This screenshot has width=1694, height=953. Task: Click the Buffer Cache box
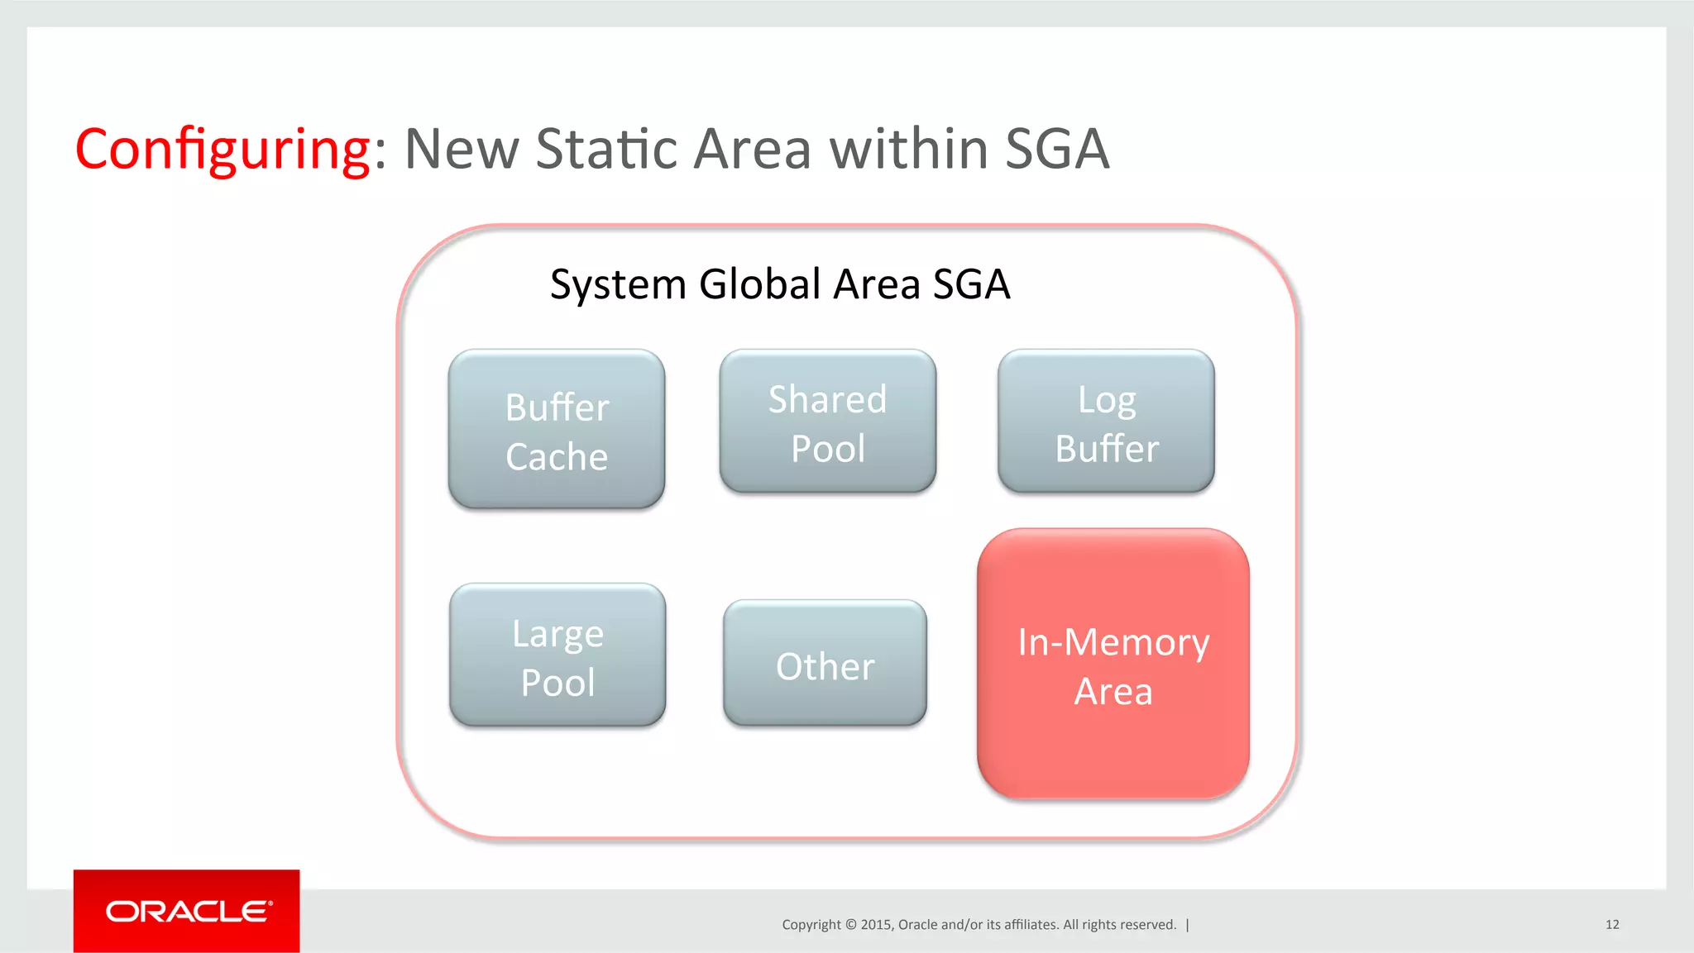557,429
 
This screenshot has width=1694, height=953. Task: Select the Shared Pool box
827,422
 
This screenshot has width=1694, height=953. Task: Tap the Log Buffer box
1106,422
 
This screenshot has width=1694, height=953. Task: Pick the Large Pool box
557,655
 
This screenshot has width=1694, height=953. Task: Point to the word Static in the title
606,150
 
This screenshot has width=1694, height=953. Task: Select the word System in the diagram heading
618,285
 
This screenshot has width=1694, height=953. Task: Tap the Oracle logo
187,912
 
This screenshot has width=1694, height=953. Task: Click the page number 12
1612,925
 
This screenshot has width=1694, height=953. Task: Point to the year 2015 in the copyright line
875,925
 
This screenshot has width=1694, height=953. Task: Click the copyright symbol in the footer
850,925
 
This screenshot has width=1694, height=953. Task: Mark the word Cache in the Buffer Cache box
557,457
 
